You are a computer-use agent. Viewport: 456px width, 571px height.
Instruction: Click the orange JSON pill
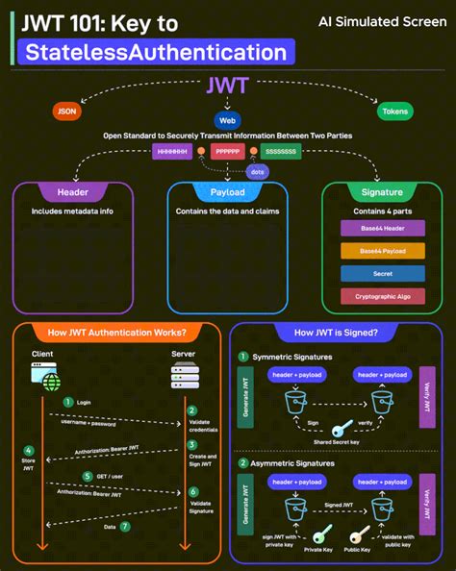(66, 111)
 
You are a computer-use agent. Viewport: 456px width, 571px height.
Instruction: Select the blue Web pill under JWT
(228, 121)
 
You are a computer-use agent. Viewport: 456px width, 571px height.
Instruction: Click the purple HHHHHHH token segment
(172, 151)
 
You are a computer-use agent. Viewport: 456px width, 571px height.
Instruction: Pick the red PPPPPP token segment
(228, 151)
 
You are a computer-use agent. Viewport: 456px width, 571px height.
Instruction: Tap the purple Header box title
(73, 192)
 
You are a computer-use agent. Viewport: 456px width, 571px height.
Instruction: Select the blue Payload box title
(228, 192)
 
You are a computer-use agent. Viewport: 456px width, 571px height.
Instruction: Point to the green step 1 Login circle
(68, 402)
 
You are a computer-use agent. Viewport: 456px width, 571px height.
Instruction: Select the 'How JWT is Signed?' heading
(341, 334)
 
